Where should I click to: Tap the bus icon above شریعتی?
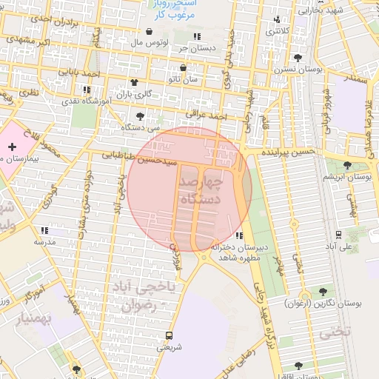tap(170, 335)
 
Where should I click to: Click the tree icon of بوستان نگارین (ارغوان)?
tap(323, 292)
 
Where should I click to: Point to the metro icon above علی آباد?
tap(338, 233)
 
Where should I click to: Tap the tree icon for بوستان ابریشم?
tap(348, 164)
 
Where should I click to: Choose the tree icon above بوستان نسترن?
tap(298, 57)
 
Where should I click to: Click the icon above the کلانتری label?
tap(278, 20)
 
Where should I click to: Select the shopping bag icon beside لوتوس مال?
tap(150, 32)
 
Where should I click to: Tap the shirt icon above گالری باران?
tap(134, 83)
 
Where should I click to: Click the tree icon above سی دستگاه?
tap(141, 116)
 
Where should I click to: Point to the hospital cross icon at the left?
tap(12, 148)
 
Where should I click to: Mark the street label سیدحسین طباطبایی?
tap(140, 157)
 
